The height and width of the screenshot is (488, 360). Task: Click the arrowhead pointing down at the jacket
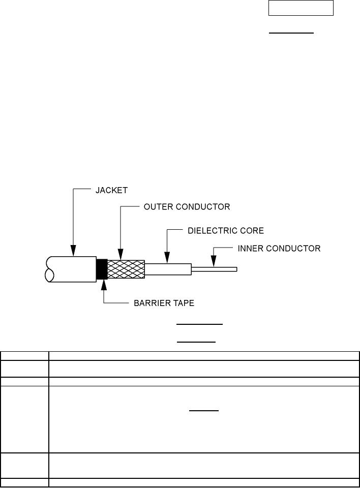(x=73, y=250)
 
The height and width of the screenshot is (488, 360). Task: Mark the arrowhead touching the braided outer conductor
(x=120, y=254)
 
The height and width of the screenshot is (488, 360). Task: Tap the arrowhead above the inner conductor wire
(x=214, y=262)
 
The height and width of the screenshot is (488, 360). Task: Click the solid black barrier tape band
(x=102, y=269)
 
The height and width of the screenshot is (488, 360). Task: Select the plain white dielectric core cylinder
(x=168, y=269)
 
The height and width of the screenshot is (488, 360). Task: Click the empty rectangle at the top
(x=301, y=8)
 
